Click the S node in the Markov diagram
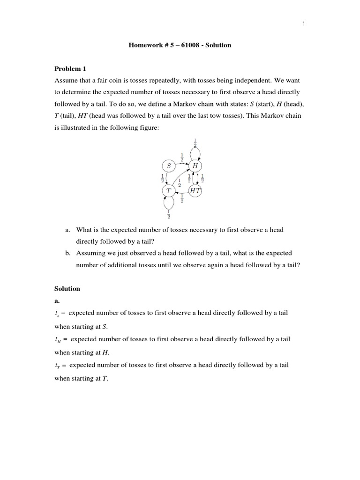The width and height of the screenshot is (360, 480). point(168,165)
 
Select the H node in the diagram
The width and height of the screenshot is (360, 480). point(195,166)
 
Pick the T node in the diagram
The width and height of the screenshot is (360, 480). point(168,191)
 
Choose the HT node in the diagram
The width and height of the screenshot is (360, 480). point(195,191)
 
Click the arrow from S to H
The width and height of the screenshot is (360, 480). point(181,165)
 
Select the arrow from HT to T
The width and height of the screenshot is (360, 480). point(181,191)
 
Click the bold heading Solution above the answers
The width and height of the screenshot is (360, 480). point(67,289)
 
